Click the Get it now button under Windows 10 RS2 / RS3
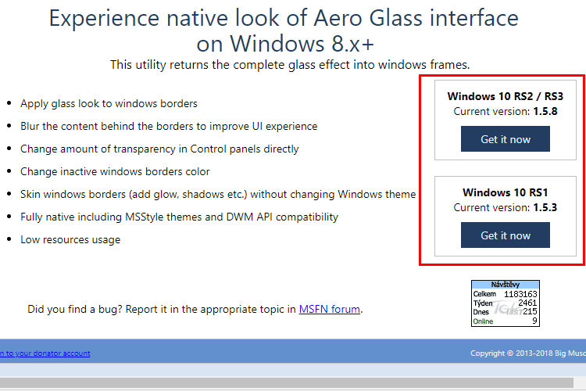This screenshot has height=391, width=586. (x=506, y=139)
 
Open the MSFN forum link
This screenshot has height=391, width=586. (x=330, y=309)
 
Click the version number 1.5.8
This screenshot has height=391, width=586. (x=545, y=111)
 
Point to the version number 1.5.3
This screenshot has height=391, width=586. (x=545, y=207)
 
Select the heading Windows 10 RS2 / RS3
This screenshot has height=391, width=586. (x=506, y=96)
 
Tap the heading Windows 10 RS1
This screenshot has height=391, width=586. (x=506, y=192)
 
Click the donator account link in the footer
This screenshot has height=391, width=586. (x=45, y=353)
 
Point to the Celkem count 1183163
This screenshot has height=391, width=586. (x=520, y=294)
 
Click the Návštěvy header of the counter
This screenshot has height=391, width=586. (x=506, y=285)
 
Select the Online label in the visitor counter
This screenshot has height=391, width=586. (x=483, y=321)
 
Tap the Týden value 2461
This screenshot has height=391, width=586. (x=527, y=303)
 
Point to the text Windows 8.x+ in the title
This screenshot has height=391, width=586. (x=302, y=44)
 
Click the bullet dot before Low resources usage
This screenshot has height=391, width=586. (x=9, y=239)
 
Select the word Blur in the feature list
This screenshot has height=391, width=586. (x=30, y=126)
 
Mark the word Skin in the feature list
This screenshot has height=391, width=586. (x=30, y=194)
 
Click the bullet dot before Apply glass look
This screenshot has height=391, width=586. (x=9, y=102)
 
